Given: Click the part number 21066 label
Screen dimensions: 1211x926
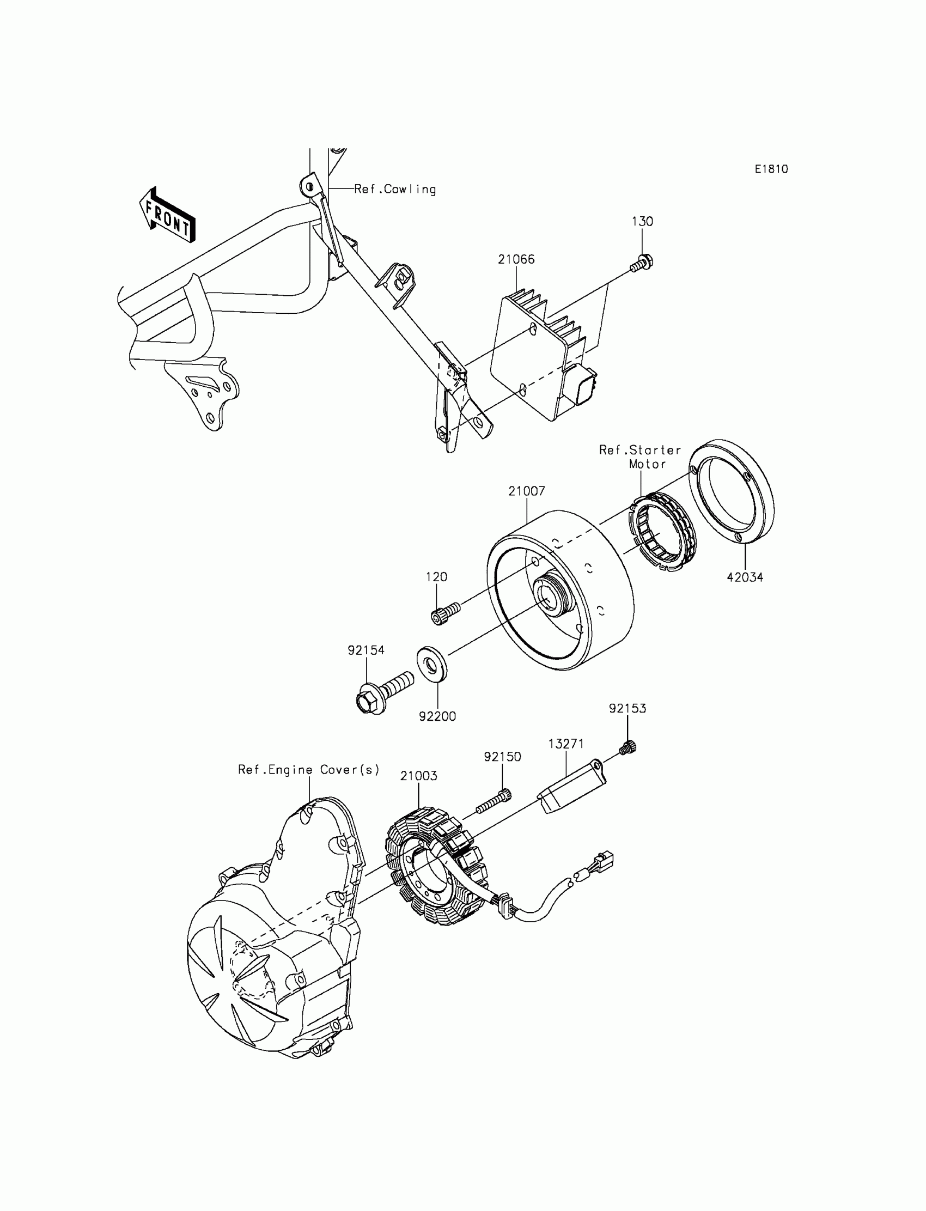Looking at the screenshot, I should (516, 259).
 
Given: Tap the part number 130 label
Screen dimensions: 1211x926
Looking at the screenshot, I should (642, 221).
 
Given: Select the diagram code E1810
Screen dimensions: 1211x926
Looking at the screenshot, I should (771, 169).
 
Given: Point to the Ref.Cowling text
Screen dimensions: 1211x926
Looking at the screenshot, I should (395, 189).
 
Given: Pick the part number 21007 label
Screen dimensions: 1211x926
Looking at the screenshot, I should (526, 491).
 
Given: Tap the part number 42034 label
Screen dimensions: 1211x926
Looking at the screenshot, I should (745, 577).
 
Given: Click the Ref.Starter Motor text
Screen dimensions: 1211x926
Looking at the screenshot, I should (641, 457).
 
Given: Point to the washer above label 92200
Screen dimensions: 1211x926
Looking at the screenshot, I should (431, 664).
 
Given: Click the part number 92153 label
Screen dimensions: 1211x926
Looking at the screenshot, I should (628, 708).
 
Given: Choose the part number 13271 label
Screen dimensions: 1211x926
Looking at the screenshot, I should (566, 744).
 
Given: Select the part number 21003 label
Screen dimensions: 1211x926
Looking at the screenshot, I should (418, 776).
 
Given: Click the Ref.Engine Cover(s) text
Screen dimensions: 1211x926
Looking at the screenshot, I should (309, 770).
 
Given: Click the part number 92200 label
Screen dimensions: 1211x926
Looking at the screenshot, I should (437, 716).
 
